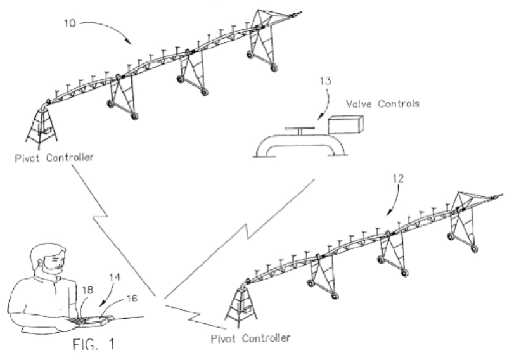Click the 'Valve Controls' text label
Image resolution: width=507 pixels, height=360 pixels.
coord(382,103)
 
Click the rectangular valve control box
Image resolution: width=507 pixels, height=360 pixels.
coord(343,124)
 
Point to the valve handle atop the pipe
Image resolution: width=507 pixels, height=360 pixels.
coord(297,129)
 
